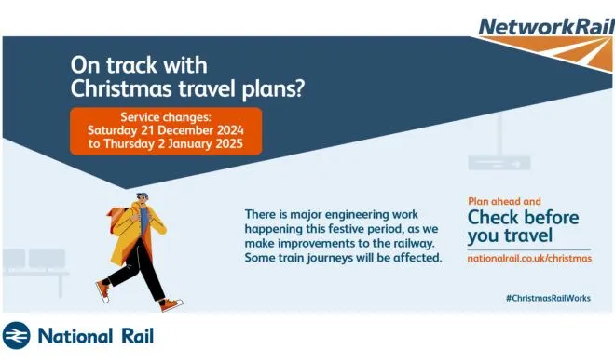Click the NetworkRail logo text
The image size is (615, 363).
[546, 27]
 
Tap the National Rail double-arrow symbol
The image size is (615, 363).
[16, 336]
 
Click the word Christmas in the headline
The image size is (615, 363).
[121, 88]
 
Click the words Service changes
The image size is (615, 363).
[166, 117]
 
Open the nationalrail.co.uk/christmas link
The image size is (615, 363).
[529, 259]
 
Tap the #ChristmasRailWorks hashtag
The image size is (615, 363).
[548, 298]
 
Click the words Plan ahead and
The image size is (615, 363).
[504, 201]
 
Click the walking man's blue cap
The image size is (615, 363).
[142, 195]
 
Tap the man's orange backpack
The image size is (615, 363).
[117, 219]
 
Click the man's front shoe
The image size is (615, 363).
[171, 304]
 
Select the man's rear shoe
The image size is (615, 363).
[102, 291]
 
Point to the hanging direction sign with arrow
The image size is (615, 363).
[499, 163]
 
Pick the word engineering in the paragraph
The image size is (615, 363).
[357, 215]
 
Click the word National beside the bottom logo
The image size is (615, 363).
[75, 336]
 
